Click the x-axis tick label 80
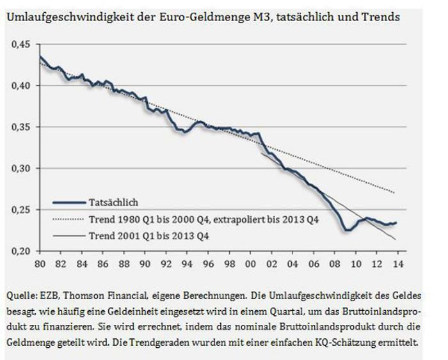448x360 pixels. coord(40,263)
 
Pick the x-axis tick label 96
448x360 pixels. coord(202,263)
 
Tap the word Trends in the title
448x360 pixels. coord(382,17)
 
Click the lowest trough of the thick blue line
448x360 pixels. coord(346,230)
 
